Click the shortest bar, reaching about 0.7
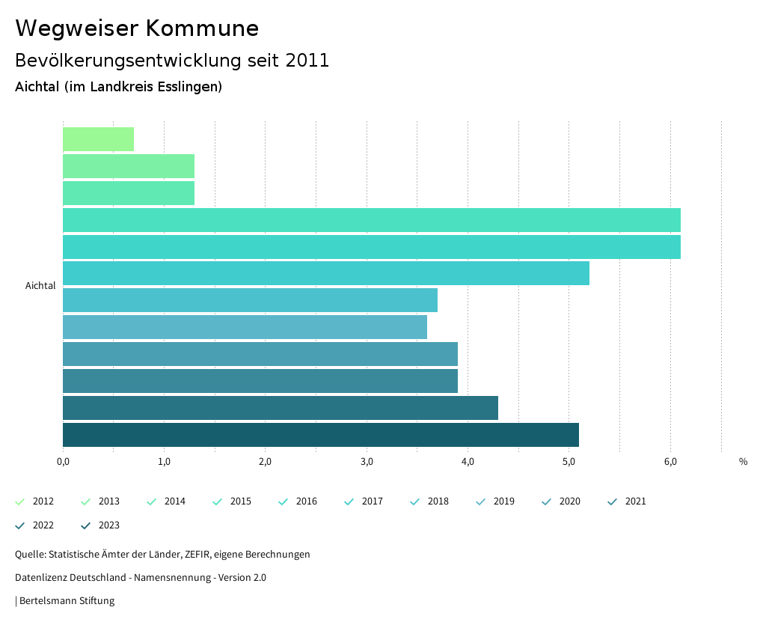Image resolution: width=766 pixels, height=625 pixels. click(98, 139)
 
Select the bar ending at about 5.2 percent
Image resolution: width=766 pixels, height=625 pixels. click(325, 273)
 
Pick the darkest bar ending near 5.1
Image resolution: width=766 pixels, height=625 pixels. click(320, 435)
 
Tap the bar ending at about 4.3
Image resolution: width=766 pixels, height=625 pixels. click(280, 408)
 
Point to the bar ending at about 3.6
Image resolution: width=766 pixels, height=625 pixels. click(245, 327)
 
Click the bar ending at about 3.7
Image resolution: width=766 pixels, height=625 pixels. click(250, 300)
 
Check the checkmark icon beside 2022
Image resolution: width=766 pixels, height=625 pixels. click(20, 525)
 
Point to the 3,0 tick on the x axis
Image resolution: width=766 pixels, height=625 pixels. click(367, 461)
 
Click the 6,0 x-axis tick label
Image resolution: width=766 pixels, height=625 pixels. click(670, 461)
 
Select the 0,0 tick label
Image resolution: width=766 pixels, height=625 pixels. click(63, 461)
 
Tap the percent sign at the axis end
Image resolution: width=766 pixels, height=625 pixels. click(743, 461)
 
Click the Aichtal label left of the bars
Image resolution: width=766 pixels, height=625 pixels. click(40, 286)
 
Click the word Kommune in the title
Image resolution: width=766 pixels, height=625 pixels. click(202, 28)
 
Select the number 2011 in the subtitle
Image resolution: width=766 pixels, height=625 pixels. click(307, 61)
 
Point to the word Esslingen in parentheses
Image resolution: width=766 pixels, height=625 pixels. click(189, 87)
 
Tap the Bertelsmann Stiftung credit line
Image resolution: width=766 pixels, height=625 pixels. click(66, 600)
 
